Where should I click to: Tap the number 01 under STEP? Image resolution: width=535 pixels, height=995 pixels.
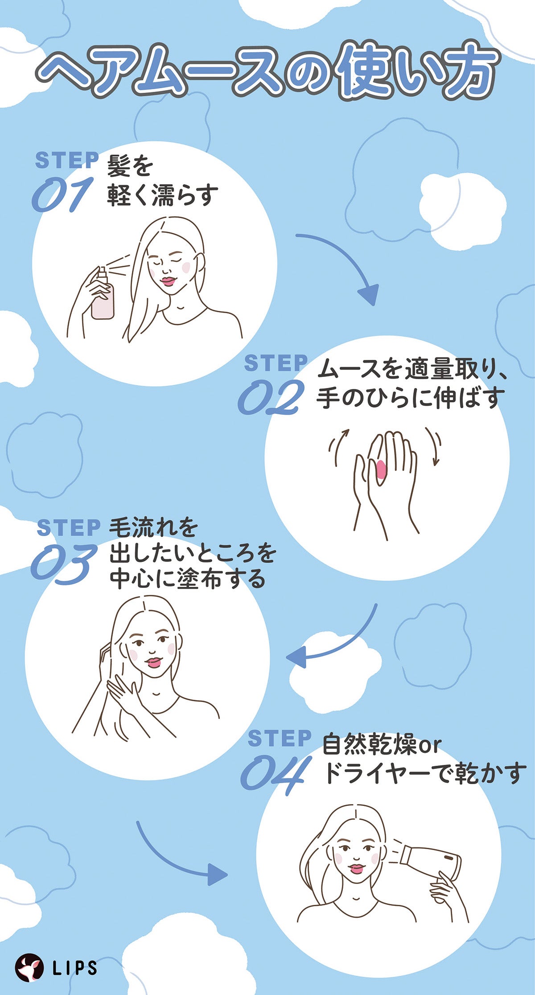tap(62, 195)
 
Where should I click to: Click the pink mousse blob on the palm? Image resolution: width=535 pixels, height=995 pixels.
tap(381, 470)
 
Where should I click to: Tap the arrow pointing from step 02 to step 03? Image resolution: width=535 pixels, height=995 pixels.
tap(339, 642)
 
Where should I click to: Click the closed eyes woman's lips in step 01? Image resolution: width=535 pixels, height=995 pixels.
tap(169, 281)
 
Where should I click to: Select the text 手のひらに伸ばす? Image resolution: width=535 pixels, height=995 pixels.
tap(410, 398)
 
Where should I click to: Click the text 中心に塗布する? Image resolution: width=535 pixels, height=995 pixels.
tap(187, 580)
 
